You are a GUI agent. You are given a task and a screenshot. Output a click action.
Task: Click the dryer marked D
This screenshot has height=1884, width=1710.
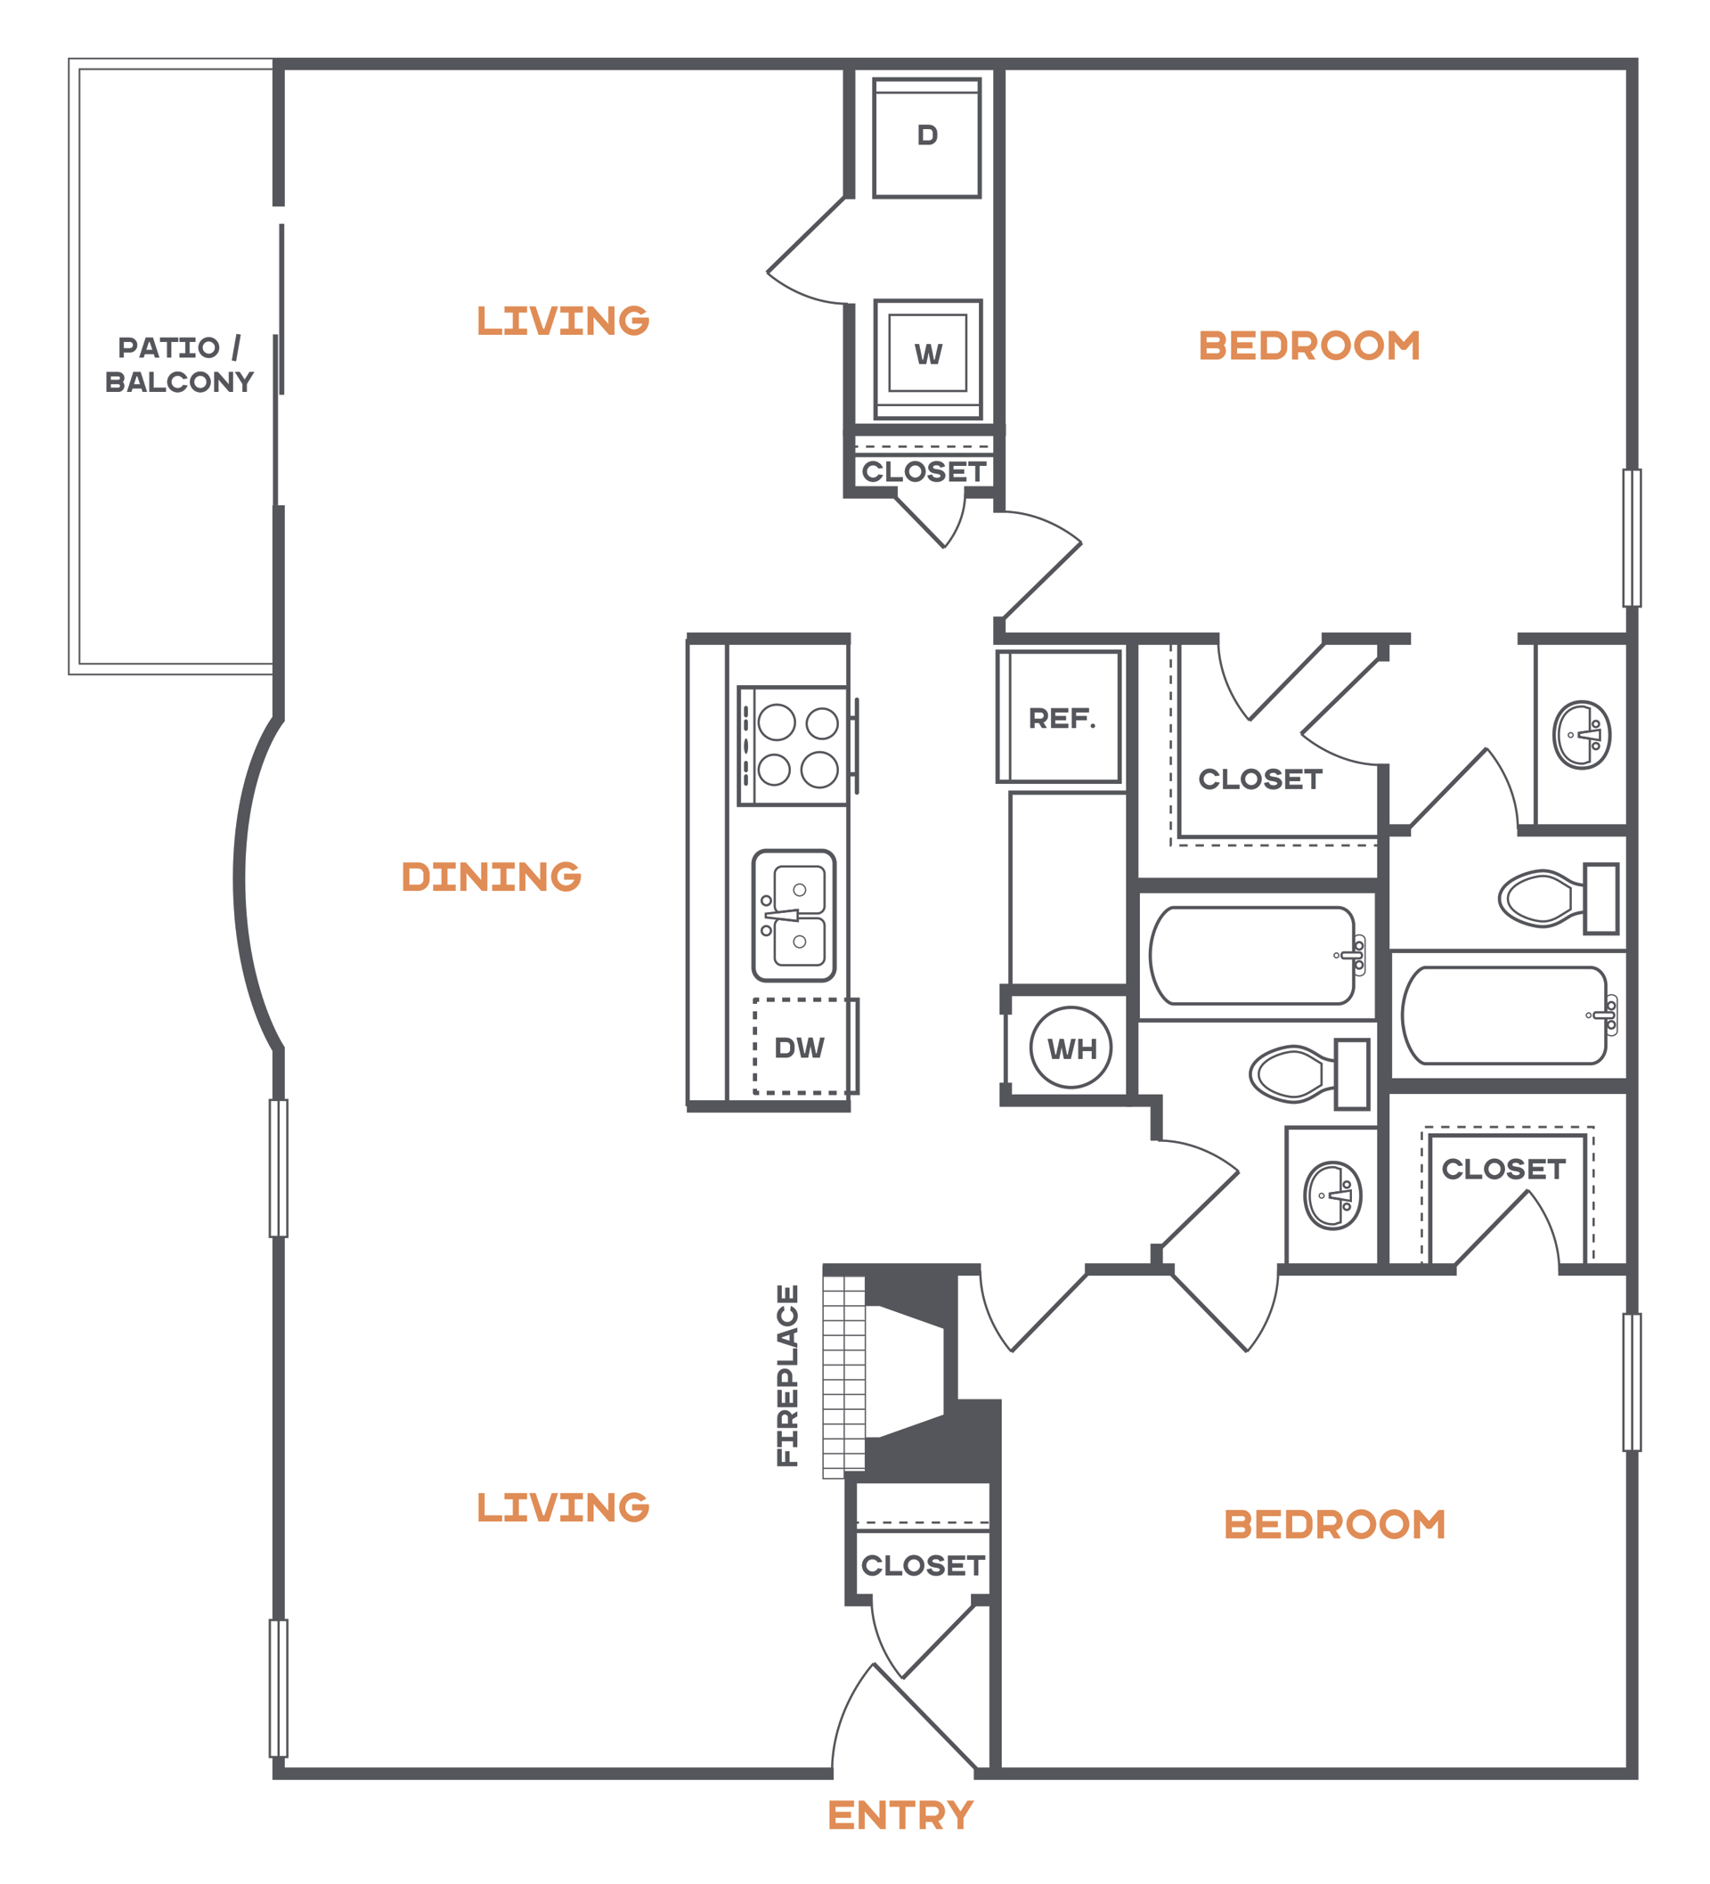tap(926, 137)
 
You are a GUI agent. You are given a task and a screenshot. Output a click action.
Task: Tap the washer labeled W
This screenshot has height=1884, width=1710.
tap(927, 360)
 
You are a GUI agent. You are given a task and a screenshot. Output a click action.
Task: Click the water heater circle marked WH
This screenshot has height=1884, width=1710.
tap(1071, 1048)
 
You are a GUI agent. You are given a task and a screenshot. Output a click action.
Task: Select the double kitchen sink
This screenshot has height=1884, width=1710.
tap(794, 915)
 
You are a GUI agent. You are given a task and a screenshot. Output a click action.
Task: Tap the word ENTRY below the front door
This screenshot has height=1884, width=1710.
tap(900, 1815)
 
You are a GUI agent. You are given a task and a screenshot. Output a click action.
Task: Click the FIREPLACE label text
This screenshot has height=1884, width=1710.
tap(787, 1374)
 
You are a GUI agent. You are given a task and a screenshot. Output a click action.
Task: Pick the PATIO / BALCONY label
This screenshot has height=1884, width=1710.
tap(178, 364)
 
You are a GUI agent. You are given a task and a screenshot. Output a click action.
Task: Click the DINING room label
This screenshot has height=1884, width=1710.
tap(491, 877)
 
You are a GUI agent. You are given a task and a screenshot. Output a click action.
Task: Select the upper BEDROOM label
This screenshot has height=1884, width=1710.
tap(1309, 346)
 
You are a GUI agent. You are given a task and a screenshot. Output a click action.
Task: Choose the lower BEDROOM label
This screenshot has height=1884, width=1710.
tap(1334, 1524)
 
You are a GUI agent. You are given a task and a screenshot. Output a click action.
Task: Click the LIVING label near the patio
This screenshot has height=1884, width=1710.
tap(563, 321)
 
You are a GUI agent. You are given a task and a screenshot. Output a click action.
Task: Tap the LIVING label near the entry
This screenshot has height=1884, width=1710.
tap(563, 1507)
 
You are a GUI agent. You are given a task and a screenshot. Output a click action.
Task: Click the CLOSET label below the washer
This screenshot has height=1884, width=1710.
tap(924, 472)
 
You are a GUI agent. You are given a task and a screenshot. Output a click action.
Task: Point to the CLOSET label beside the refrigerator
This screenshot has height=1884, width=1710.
tap(1260, 779)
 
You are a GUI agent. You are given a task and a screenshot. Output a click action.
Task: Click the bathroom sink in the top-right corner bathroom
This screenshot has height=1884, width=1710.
tap(1581, 735)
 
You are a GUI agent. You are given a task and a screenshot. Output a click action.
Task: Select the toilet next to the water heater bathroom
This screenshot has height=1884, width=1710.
tap(1308, 1073)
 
